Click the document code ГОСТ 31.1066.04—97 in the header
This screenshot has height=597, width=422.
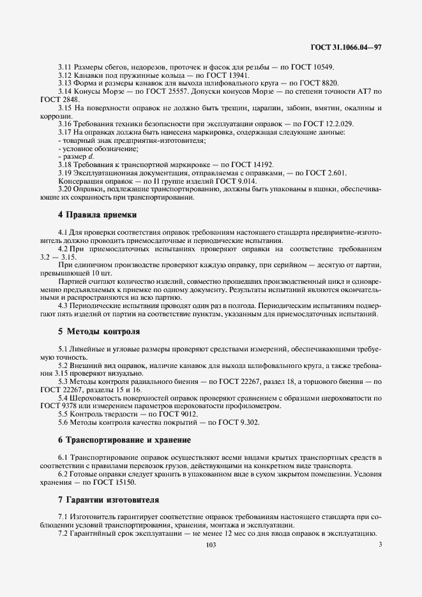pos(345,47)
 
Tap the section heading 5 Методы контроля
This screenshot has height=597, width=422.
pos(99,332)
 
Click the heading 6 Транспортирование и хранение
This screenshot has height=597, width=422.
pos(124,440)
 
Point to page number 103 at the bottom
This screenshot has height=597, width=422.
pos(211,545)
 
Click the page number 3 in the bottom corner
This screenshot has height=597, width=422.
pos(380,545)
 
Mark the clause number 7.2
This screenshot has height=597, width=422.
pos(63,533)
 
